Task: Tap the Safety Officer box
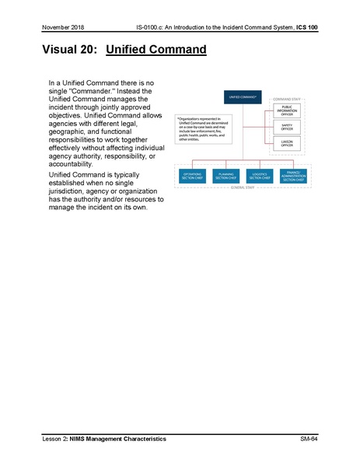286,126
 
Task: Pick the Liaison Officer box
286,143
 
